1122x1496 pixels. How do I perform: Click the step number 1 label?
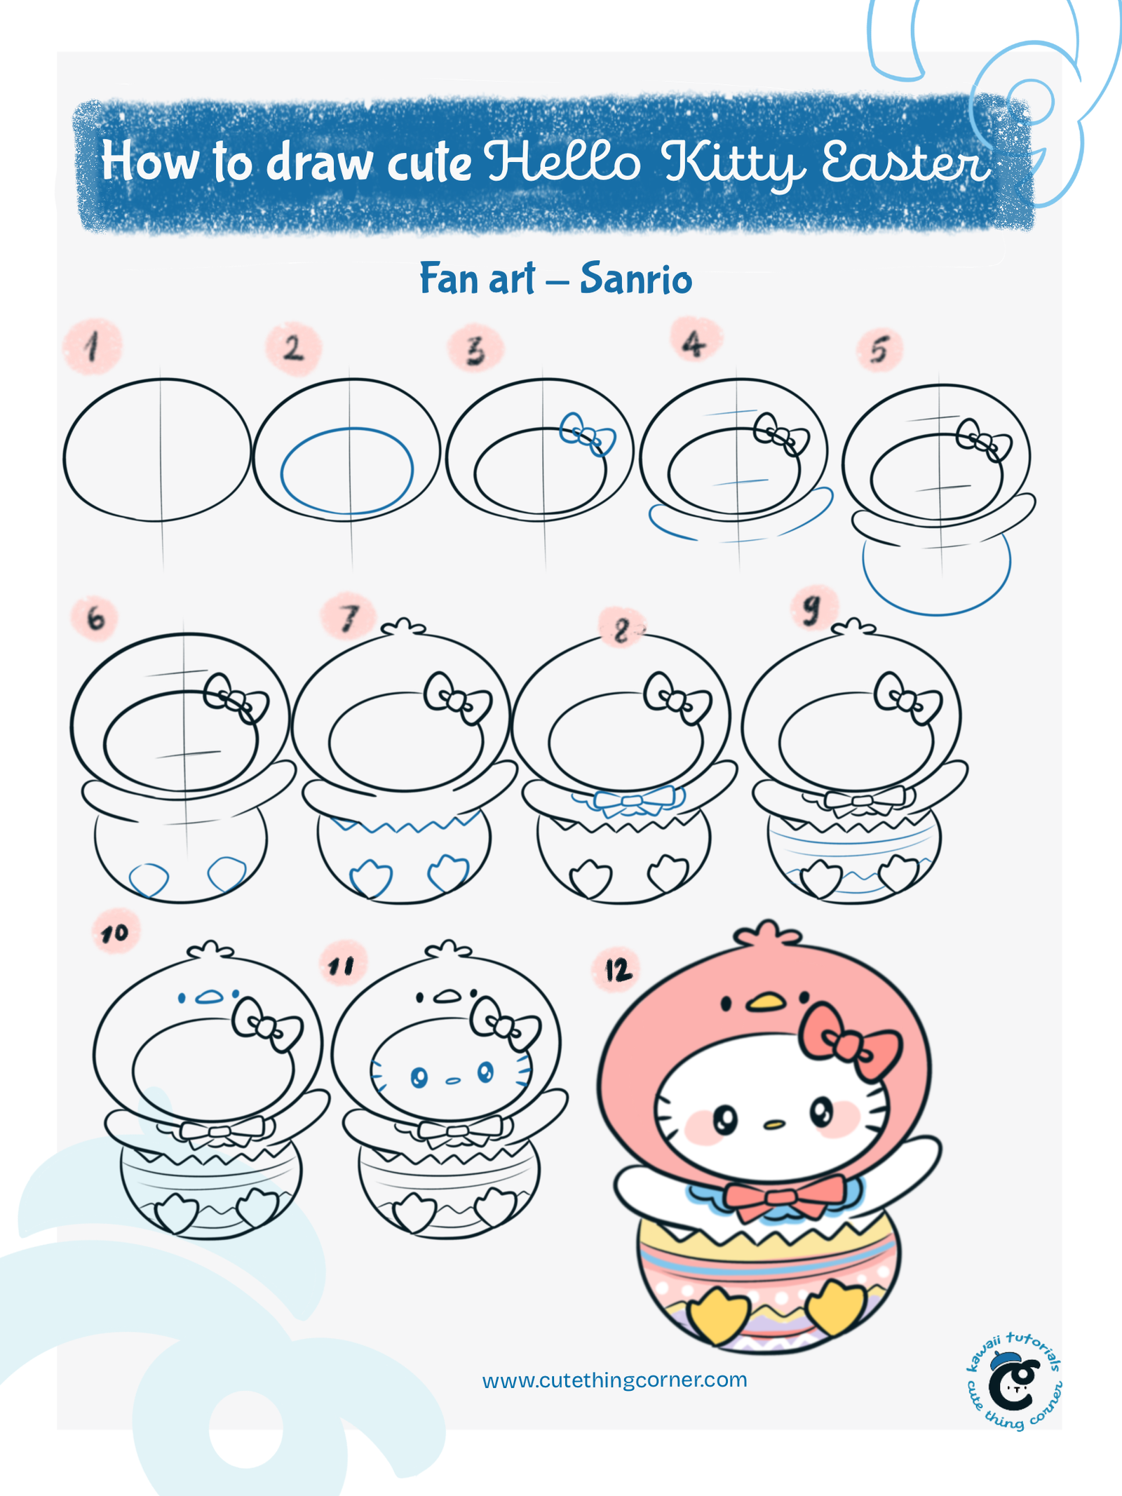tap(93, 346)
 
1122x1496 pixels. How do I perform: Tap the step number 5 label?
tap(879, 349)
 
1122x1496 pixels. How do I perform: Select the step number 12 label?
tap(619, 970)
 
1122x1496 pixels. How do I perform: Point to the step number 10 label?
tap(114, 934)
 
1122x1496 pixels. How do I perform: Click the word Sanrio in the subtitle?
tap(636, 278)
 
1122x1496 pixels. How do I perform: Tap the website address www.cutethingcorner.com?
tap(615, 1380)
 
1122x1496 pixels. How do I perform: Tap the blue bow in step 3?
tap(587, 435)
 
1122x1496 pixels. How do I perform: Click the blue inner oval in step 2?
tap(347, 471)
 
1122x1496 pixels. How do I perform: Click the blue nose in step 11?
tap(453, 1081)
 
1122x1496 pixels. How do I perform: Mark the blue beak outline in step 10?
tap(208, 997)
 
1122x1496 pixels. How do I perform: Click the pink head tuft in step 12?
tap(767, 935)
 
